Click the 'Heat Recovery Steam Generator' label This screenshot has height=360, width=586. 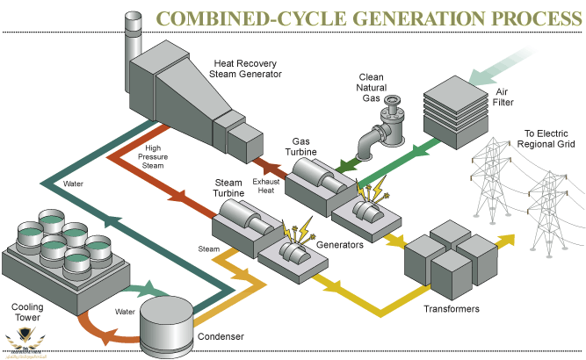(x=248, y=68)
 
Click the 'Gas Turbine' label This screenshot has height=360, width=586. (x=313, y=146)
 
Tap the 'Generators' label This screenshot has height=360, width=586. (x=340, y=245)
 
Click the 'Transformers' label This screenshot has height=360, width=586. (x=451, y=309)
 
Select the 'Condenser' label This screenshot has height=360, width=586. (x=220, y=335)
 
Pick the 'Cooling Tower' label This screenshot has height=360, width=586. (x=27, y=313)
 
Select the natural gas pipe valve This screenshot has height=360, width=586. (x=387, y=112)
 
